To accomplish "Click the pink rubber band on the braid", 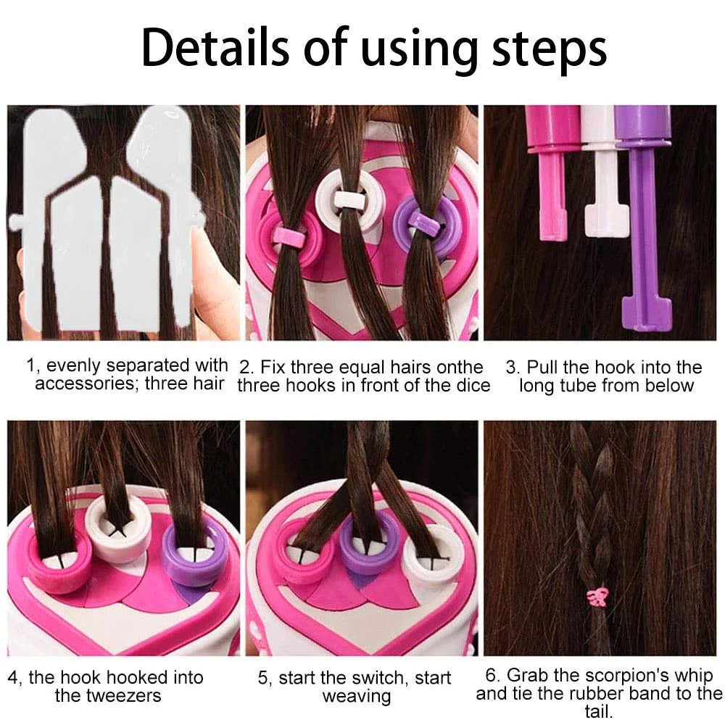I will click(598, 596).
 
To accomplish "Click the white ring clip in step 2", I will click(350, 200).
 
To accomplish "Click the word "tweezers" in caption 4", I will click(107, 696).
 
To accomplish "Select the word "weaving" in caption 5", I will click(356, 697).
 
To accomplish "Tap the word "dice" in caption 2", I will click(472, 385).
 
